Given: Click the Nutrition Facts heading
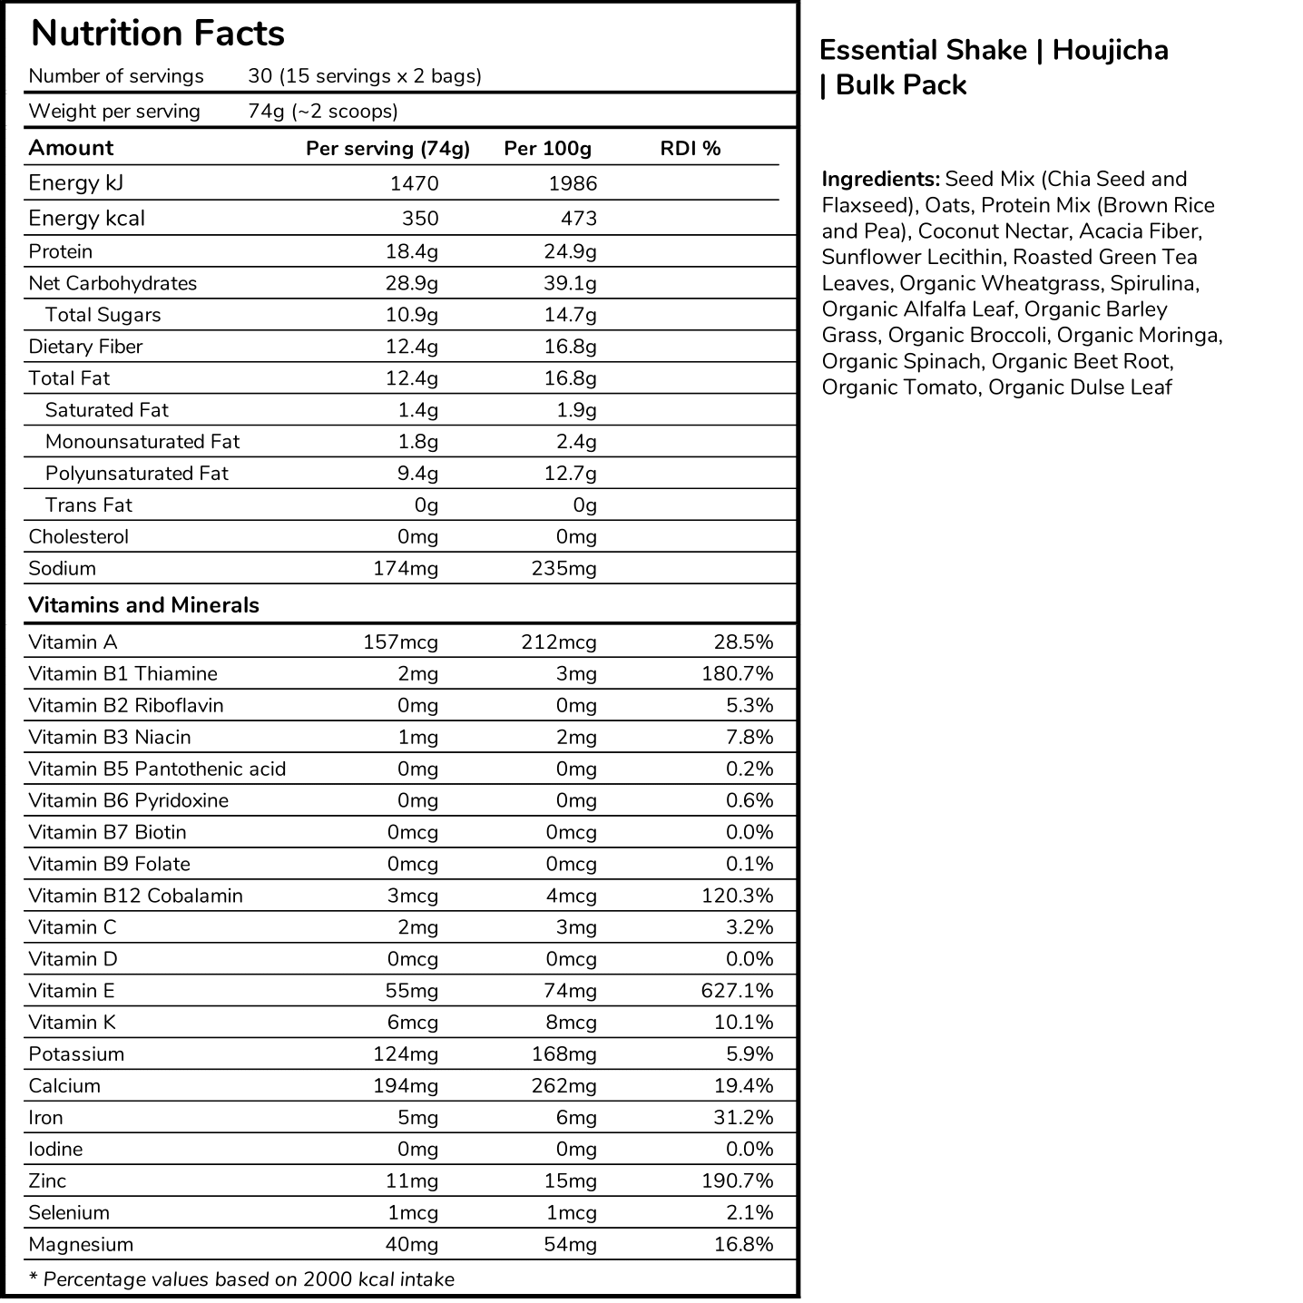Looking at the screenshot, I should [158, 34].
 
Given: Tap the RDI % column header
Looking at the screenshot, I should [690, 149].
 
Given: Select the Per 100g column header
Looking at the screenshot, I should [547, 149].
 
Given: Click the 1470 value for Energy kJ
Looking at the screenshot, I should [414, 183].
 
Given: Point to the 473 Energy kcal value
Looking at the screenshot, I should [573, 219].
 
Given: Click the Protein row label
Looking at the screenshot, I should [61, 251].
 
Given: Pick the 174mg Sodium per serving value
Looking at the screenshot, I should [406, 569].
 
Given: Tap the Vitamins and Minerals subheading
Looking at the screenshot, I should [143, 605].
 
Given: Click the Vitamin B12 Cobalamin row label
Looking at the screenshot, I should [136, 896].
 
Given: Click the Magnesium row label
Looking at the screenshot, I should [81, 1244].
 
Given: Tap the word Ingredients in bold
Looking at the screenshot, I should [880, 179].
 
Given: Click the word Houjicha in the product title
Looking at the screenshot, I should [1110, 50].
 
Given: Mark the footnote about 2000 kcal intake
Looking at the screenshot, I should [242, 1279].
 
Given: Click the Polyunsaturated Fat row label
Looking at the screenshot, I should [137, 474].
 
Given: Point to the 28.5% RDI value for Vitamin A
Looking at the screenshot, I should [743, 642].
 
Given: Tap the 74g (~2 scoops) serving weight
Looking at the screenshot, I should [323, 112].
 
